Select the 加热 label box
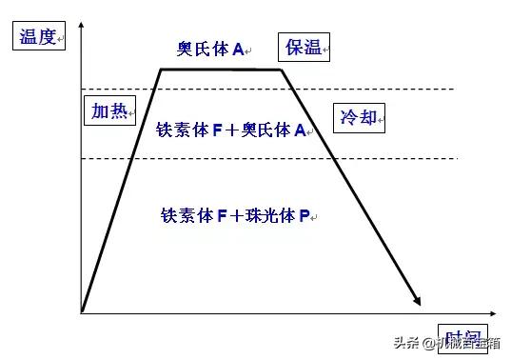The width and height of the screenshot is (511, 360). [x=108, y=109]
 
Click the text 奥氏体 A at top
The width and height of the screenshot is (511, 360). [x=210, y=47]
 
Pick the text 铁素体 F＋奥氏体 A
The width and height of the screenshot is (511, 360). [x=230, y=130]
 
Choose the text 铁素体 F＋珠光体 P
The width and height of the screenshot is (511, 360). [x=235, y=216]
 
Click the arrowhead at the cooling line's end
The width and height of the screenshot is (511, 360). [x=417, y=300]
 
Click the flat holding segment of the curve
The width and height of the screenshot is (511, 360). [x=221, y=69]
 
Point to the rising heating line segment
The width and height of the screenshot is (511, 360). [x=120, y=190]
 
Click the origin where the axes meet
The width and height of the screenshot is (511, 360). [x=83, y=311]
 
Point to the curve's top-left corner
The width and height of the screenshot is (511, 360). [x=160, y=69]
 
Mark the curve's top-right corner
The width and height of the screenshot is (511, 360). [x=283, y=69]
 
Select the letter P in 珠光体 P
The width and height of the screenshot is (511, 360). [x=305, y=216]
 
